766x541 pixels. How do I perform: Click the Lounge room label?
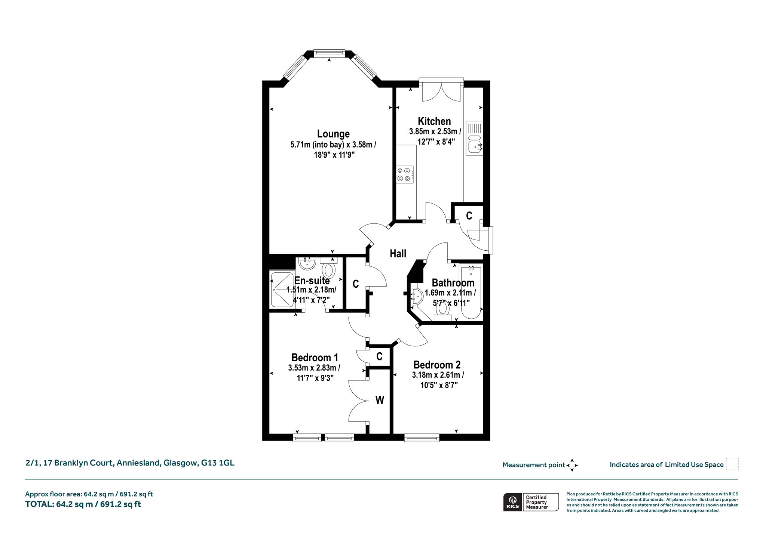pyautogui.click(x=333, y=134)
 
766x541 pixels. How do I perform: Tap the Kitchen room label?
pyautogui.click(x=434, y=121)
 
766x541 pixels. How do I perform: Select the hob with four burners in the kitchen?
pyautogui.click(x=405, y=174)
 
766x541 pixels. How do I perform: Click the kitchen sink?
pyautogui.click(x=475, y=138)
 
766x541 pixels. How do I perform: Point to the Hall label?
pyautogui.click(x=398, y=254)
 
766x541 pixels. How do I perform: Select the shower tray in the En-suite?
pyautogui.click(x=282, y=290)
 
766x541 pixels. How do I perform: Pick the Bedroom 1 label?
pyautogui.click(x=315, y=358)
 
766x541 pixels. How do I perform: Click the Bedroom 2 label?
pyautogui.click(x=437, y=365)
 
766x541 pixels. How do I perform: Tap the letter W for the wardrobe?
pyautogui.click(x=380, y=401)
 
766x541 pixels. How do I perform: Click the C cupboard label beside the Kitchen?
pyautogui.click(x=469, y=216)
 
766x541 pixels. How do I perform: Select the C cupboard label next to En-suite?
pyautogui.click(x=356, y=284)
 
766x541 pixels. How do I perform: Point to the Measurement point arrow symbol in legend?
pyautogui.click(x=572, y=465)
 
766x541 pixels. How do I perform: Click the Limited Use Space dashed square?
pyautogui.click(x=732, y=464)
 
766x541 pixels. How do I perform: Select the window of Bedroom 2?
pyautogui.click(x=422, y=437)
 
